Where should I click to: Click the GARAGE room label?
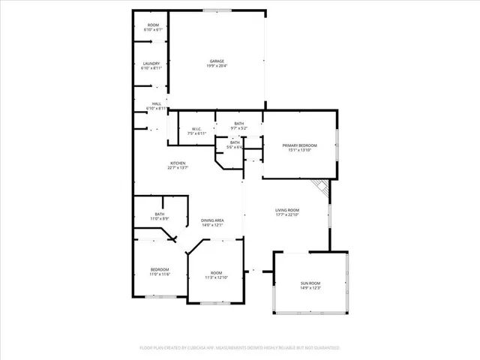[x=217, y=61]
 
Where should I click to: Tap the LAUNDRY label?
[x=152, y=63]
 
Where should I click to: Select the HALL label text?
[x=157, y=104]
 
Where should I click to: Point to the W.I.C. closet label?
[x=196, y=128]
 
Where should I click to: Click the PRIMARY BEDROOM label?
[x=299, y=145]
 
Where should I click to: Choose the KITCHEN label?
[x=178, y=163]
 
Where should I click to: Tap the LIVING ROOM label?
[x=286, y=210]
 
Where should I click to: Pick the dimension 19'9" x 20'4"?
[x=217, y=66]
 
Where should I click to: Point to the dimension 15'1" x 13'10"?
[x=299, y=150]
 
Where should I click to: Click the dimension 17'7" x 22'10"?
[x=286, y=215]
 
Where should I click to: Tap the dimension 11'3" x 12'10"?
[x=216, y=277]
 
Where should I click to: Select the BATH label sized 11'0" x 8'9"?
[x=160, y=214]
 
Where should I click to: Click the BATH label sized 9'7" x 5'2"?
[x=238, y=123]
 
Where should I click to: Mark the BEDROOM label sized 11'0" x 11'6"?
[x=159, y=269]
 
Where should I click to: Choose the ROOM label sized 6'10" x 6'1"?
[x=153, y=26]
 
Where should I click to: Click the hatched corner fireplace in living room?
[x=321, y=189]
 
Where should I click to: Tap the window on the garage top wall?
[x=217, y=10]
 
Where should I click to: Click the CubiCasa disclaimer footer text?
[x=240, y=348]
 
